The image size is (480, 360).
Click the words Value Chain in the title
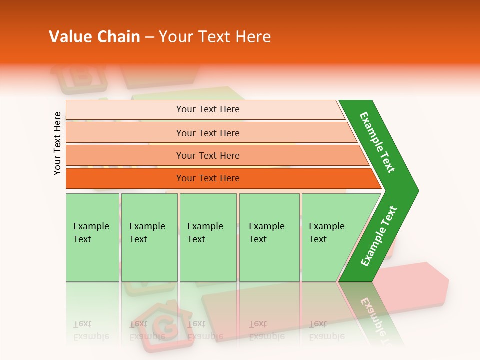[94, 37]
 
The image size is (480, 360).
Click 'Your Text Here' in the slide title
[215, 37]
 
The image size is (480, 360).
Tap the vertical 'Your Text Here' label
[58, 143]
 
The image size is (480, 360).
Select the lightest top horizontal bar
[208, 109]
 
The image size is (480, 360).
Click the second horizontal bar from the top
[208, 133]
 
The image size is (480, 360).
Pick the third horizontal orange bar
[208, 155]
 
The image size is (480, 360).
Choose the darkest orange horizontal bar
[208, 178]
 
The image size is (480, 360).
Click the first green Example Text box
[92, 237]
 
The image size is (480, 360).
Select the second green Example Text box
[149, 237]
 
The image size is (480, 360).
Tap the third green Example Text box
[208, 237]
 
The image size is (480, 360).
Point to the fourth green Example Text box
[269, 237]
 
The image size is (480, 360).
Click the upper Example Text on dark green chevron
[378, 142]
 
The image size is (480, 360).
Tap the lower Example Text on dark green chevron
[379, 236]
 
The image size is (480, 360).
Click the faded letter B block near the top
[80, 77]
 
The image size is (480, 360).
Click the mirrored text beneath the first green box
[91, 330]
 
